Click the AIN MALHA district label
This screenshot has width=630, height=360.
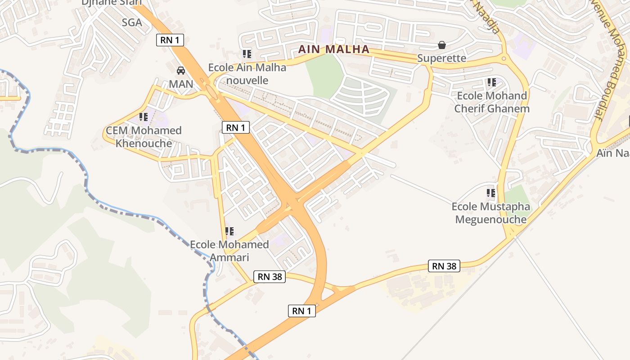point(334,49)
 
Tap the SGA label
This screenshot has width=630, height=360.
point(132,22)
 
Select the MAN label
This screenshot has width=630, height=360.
point(181,84)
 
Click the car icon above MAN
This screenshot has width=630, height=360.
point(181,71)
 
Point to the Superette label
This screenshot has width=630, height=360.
point(441,58)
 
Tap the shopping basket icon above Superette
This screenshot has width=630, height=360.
point(442,45)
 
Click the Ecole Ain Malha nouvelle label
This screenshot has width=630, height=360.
point(247,74)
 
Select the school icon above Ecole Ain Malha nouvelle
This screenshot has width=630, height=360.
point(247,54)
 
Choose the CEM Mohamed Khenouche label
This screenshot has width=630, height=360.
point(144,137)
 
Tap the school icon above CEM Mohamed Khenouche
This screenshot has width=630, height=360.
point(144,117)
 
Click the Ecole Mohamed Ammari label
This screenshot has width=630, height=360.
point(229,251)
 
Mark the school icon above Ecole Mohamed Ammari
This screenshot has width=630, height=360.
point(229,231)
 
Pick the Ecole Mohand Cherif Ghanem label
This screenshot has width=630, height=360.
point(491,102)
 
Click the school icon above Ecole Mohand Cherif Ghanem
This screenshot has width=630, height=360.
point(491,82)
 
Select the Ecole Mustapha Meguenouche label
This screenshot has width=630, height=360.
point(491,213)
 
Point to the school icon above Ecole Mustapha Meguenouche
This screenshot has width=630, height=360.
point(491,193)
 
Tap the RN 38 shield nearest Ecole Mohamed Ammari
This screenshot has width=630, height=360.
point(270,276)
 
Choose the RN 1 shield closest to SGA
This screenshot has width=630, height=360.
point(170,40)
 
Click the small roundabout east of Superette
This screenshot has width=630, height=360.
point(504,58)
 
